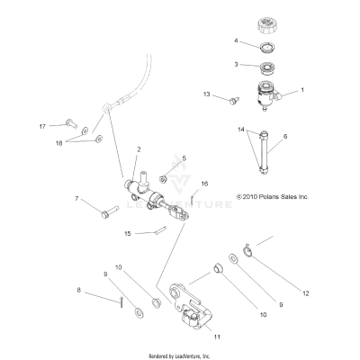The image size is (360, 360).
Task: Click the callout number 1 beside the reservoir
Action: coord(302,90)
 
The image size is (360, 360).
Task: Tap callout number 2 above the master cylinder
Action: coord(138,149)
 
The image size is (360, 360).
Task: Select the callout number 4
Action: coord(236,41)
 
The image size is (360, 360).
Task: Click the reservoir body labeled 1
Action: coord(267,92)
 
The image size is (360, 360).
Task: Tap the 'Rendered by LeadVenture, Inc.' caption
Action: coord(179,355)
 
